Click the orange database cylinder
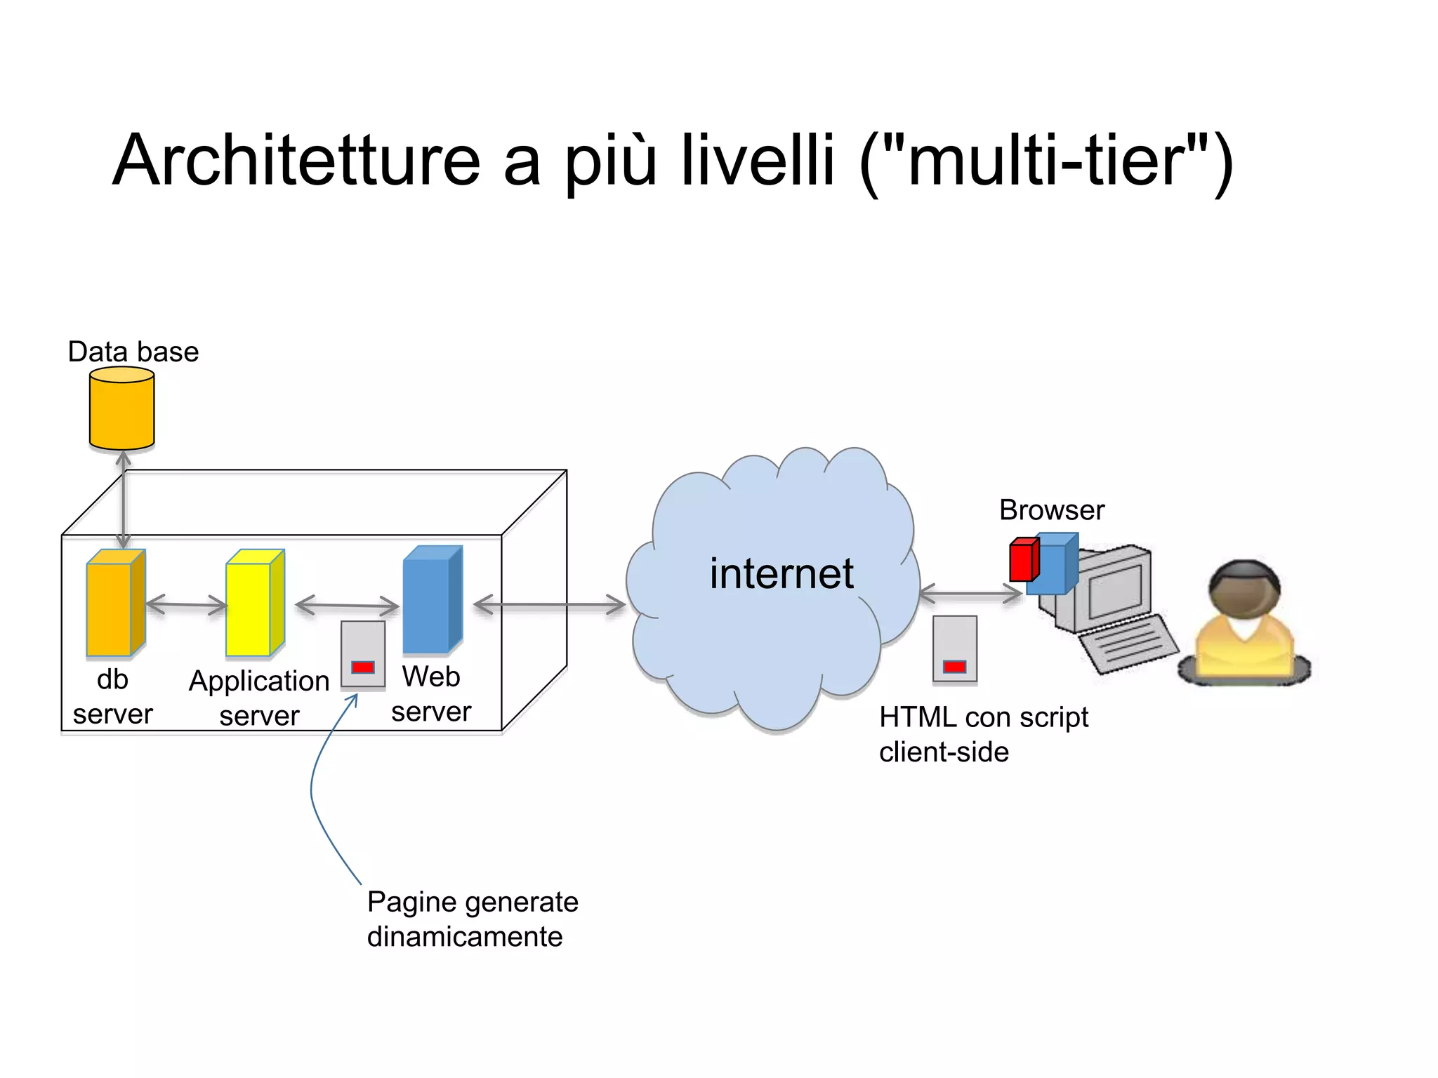click(x=121, y=408)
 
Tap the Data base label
click(x=133, y=352)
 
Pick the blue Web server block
click(x=430, y=600)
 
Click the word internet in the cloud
click(x=781, y=574)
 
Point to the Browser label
click(x=1051, y=510)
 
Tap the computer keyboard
click(x=1127, y=642)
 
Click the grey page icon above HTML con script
click(x=954, y=649)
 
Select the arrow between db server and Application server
click(x=187, y=604)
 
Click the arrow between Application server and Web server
click(x=347, y=605)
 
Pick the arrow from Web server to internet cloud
click(x=549, y=605)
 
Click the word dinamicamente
click(x=464, y=937)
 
